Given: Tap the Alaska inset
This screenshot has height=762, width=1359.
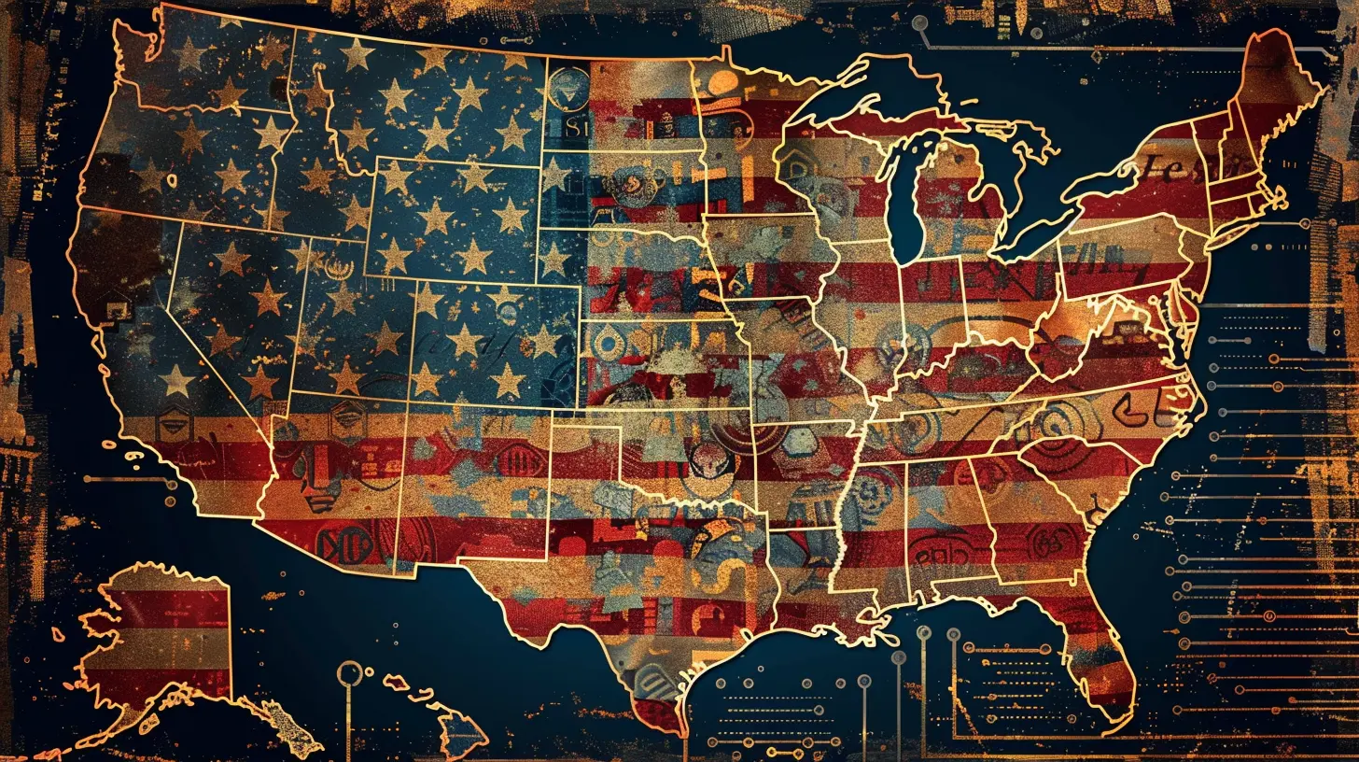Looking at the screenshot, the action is tap(163, 635).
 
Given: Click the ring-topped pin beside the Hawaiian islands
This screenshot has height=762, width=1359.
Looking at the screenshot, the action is tap(349, 671).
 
